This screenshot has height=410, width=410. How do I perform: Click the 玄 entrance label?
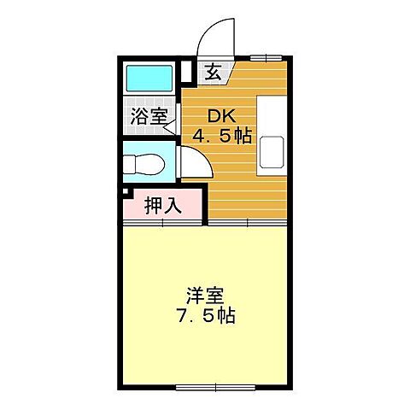(x=213, y=72)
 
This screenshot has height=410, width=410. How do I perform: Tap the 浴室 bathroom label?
(x=148, y=117)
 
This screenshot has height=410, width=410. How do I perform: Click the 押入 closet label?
(x=161, y=205)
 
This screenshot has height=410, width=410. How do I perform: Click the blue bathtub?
(x=150, y=79)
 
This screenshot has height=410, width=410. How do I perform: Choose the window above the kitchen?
(x=266, y=58)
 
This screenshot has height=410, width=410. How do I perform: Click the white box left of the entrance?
(x=188, y=72)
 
